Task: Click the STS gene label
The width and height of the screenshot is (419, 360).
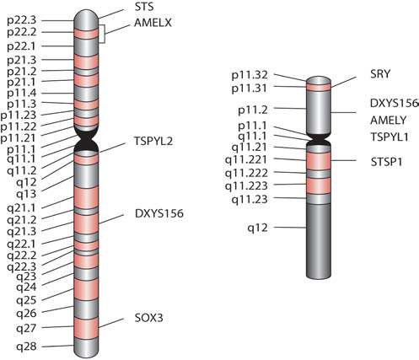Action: coord(144,7)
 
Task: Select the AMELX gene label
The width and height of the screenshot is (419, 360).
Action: coord(153,23)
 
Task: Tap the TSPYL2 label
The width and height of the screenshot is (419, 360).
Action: coord(153,141)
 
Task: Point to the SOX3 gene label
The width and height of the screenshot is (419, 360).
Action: coord(148,318)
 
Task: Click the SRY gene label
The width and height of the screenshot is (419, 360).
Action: coord(380,73)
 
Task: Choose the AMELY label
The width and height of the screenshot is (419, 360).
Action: coord(389,120)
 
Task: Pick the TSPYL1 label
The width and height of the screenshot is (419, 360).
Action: coord(389,137)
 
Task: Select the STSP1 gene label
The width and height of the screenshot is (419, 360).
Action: coord(386,162)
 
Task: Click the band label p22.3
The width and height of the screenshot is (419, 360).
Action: coord(22,21)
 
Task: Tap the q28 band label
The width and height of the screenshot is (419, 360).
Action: coord(26,347)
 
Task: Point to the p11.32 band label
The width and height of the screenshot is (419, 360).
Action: coord(250,75)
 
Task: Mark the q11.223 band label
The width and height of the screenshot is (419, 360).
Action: coord(246,186)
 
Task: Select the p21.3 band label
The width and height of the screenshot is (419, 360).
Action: coord(22,60)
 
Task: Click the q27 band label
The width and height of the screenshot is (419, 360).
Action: coord(26,328)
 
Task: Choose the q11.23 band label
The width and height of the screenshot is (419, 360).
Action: coord(250,200)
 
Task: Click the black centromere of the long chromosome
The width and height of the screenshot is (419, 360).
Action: coord(86,140)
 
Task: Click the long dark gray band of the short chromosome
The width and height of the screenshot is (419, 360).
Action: coord(319,241)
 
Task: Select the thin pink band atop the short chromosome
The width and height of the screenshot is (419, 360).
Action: coord(319,87)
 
